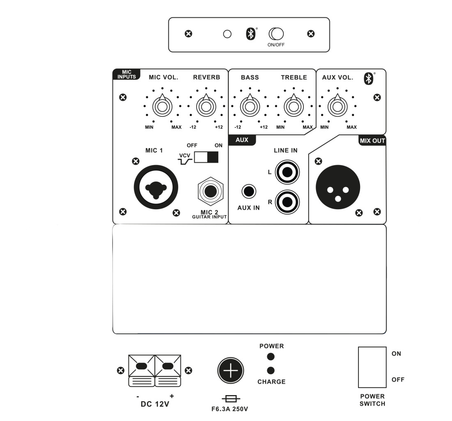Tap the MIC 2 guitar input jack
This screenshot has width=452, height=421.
point(211,192)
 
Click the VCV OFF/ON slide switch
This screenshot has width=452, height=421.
point(206,157)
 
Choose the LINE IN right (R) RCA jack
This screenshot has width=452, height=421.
point(287,201)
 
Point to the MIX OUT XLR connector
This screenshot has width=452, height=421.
point(338,187)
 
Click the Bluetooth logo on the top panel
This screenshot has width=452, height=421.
point(250,34)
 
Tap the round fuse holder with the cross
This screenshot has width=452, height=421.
point(230,371)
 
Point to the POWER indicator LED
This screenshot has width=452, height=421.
point(271,356)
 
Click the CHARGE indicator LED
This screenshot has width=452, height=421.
point(271,370)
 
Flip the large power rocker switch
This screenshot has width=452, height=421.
point(372,367)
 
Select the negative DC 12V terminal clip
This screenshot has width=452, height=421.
point(142,370)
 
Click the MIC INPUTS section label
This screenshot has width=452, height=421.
point(126,74)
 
